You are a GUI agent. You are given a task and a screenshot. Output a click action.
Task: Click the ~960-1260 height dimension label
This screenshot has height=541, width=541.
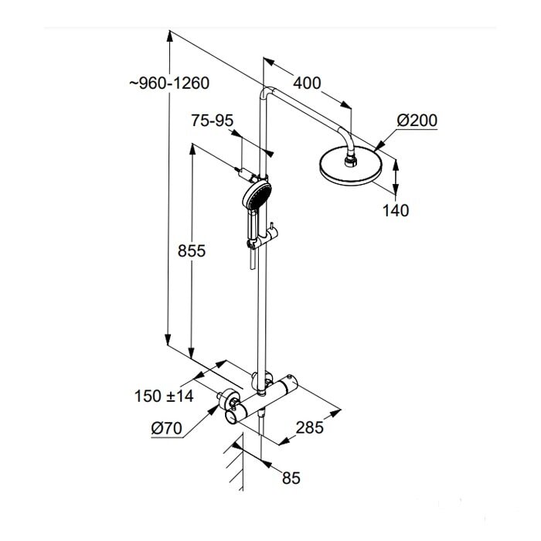tap(169, 83)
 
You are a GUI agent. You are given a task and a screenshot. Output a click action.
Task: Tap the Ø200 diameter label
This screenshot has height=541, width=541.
tap(417, 121)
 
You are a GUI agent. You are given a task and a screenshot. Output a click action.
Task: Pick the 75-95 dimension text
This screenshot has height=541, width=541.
tap(212, 121)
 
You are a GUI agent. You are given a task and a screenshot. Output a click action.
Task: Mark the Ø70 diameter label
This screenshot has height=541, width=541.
tap(167, 427)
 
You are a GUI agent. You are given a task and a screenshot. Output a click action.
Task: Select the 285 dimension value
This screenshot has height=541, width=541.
tap(308, 427)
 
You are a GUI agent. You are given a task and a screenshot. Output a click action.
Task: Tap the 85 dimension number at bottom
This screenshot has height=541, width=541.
tap(290, 478)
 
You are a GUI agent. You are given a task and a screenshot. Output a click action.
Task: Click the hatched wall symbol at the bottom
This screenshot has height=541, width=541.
tap(234, 464)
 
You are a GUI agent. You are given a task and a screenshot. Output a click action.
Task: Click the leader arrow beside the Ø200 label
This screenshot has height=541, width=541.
tap(386, 139)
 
